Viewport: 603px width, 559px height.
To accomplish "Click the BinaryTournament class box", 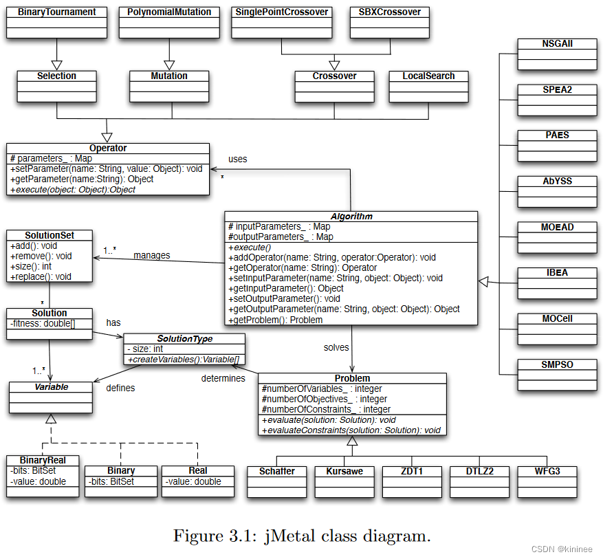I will coord(56,22).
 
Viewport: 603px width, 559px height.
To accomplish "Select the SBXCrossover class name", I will coord(389,12).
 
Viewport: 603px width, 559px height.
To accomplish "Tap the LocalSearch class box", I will coord(428,86).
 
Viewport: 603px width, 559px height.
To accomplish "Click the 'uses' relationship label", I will coord(237,159).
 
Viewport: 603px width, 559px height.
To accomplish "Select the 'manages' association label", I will coord(151,255).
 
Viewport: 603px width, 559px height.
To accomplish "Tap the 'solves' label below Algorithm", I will coord(336,348).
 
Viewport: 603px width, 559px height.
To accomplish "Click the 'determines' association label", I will coord(223,378).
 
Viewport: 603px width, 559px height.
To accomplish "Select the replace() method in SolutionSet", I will coord(41,276).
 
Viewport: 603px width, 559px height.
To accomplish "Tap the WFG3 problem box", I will coord(547,471).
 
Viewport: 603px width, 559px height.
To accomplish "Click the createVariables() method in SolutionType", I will coord(184,360).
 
